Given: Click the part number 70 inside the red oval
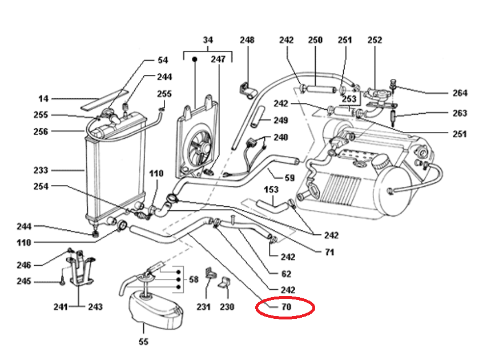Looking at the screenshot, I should point(286,307).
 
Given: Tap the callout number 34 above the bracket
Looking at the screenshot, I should point(207,40).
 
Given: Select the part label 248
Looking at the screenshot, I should point(247,40).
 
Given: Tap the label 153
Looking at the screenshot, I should point(271,189).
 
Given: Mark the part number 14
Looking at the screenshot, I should point(43,98).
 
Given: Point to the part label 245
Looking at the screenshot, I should point(39,281).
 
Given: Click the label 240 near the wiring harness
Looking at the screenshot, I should point(280,138).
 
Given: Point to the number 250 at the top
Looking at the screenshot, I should point(315,40).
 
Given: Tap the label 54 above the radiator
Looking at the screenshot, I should point(163,60).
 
